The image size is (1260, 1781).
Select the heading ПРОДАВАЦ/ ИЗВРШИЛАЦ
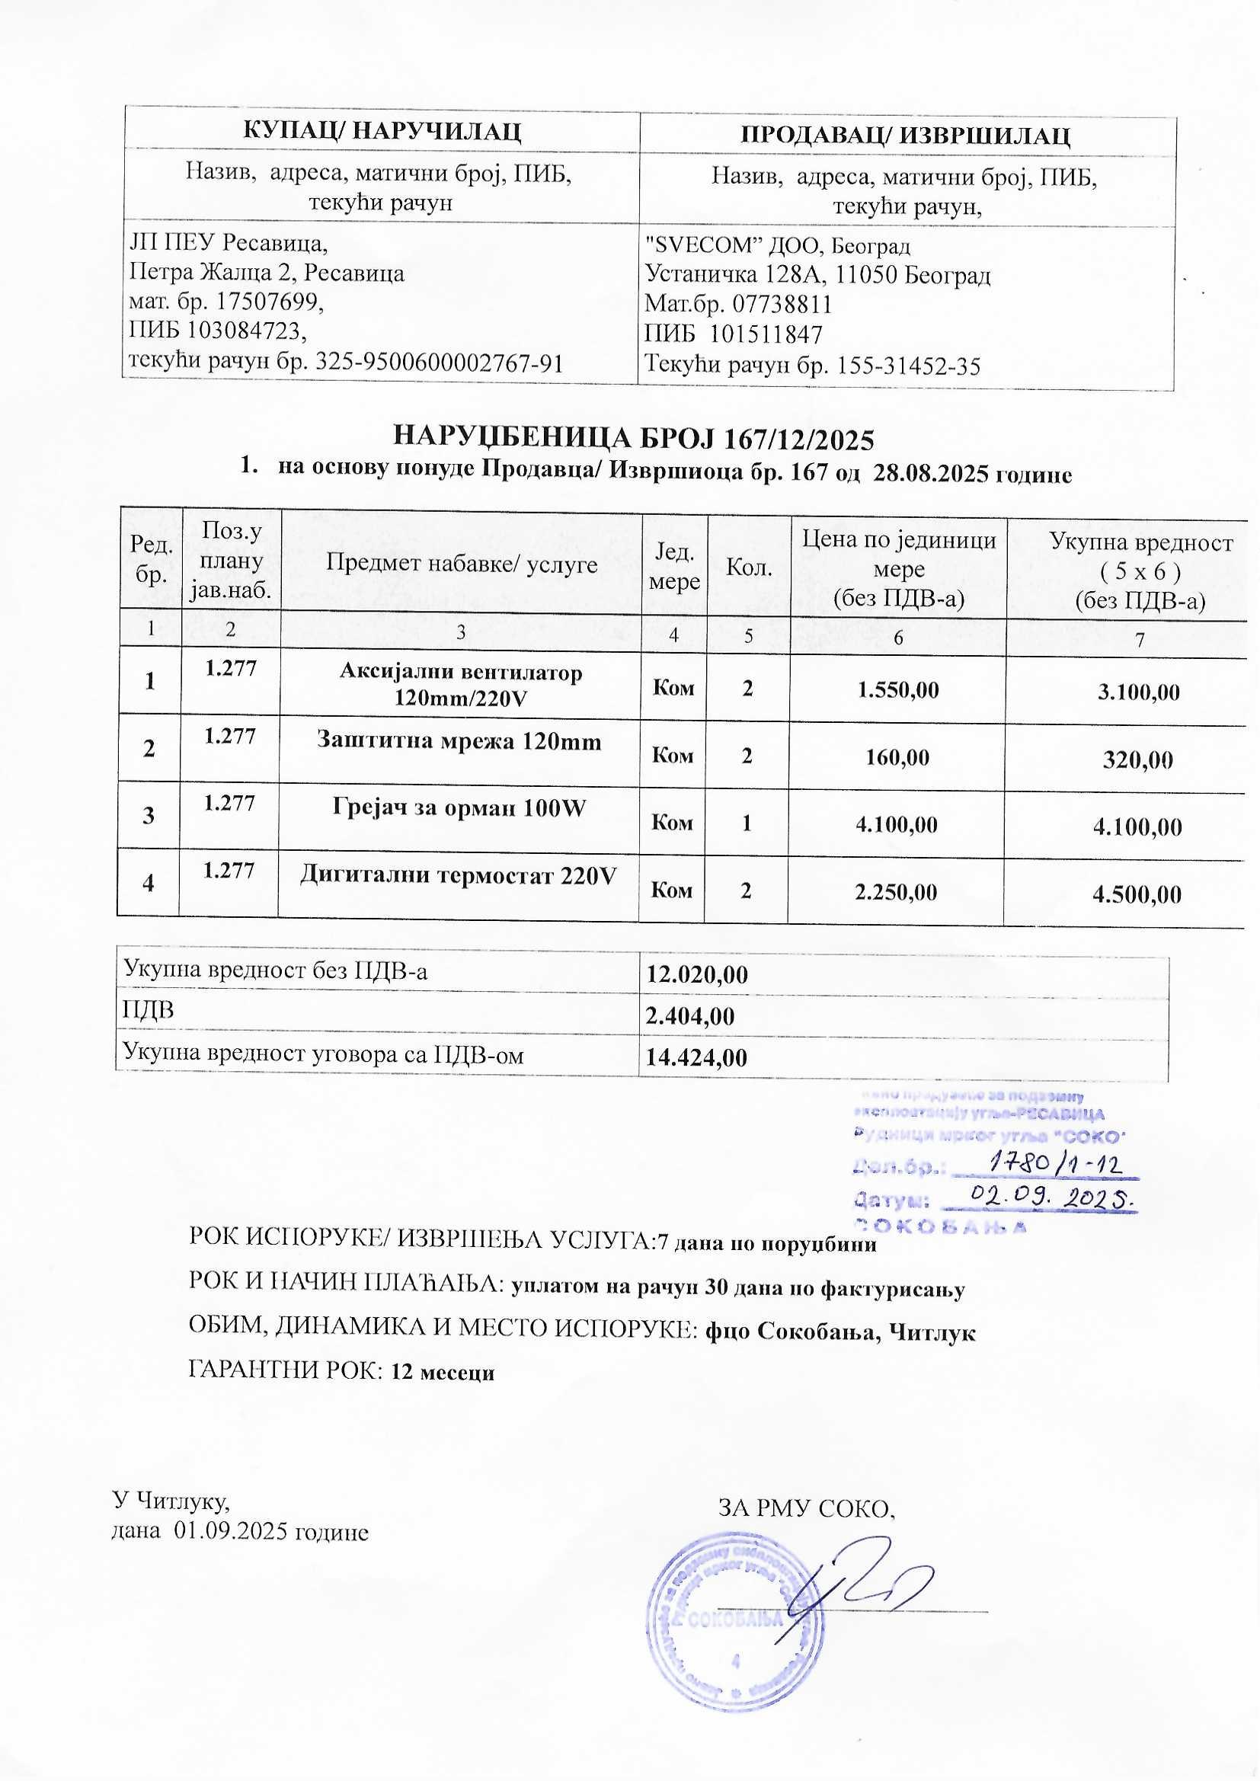pos(906,135)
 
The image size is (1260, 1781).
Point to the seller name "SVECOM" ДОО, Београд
pos(779,246)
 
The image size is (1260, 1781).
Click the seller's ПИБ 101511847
pos(766,334)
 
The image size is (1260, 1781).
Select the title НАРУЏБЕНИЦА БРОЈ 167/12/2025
pos(634,439)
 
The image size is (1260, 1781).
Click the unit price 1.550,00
pos(897,689)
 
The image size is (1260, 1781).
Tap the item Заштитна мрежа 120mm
pos(459,741)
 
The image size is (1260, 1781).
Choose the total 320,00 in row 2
pos(1138,760)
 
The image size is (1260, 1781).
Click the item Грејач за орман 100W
pos(459,808)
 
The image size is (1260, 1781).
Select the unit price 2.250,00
pos(896,892)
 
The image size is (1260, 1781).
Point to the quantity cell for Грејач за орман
pos(747,822)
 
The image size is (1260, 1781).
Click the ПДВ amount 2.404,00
pos(689,1015)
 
